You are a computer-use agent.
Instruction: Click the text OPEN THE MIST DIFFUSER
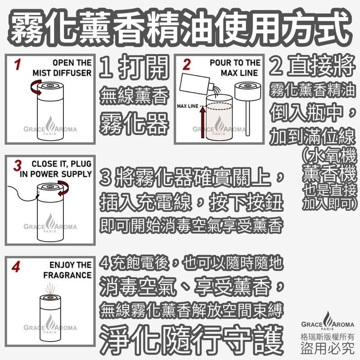coord(63,67)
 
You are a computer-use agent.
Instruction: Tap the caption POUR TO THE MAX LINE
coord(234,67)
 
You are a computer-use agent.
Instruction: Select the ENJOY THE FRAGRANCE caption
coord(67,270)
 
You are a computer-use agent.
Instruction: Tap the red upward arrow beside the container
coord(202,124)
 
